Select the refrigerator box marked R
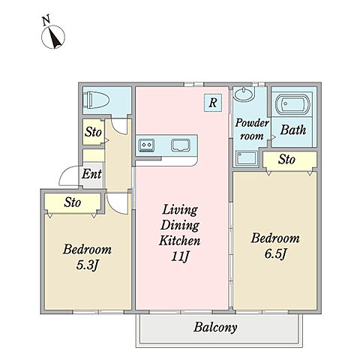[x=213, y=103]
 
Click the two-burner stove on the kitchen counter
[x=146, y=145]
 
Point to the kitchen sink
[x=181, y=145]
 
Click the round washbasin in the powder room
[x=244, y=94]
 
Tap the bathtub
[x=292, y=104]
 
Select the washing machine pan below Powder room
[x=247, y=157]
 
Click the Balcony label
[x=215, y=328]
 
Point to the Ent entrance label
[x=91, y=174]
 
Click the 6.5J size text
[x=275, y=254]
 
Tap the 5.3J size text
[x=86, y=265]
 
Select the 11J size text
[x=180, y=256]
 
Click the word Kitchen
[x=180, y=241]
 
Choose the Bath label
[x=293, y=130]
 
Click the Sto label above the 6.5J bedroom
[x=286, y=159]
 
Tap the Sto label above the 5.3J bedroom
[x=73, y=202]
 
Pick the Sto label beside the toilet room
[x=93, y=132]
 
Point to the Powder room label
[x=252, y=129]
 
